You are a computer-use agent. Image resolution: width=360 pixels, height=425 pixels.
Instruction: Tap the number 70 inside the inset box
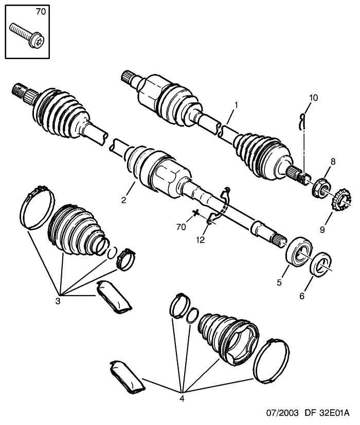pyautogui.click(x=41, y=12)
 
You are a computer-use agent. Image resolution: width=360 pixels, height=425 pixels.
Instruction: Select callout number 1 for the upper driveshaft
pyautogui.click(x=236, y=105)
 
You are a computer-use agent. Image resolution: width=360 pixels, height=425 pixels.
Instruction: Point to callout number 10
pyautogui.click(x=313, y=98)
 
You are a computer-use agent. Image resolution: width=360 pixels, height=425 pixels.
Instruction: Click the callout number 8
pyautogui.click(x=333, y=162)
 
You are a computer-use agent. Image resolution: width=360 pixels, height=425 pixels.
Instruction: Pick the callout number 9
pyautogui.click(x=322, y=230)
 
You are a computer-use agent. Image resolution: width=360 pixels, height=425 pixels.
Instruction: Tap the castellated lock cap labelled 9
pyautogui.click(x=341, y=200)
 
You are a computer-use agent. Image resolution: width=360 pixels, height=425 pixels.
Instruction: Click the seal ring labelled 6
pyautogui.click(x=321, y=264)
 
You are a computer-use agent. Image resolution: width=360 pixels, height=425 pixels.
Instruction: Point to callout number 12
pyautogui.click(x=201, y=240)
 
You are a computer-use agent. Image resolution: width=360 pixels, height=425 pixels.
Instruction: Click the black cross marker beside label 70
pyautogui.click(x=195, y=213)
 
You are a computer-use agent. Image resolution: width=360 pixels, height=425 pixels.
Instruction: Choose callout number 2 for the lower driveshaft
pyautogui.click(x=123, y=200)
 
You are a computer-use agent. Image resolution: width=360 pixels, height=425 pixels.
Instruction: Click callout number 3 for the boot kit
pyautogui.click(x=58, y=301)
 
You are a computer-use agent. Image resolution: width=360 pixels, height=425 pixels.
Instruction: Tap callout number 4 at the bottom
pyautogui.click(x=182, y=398)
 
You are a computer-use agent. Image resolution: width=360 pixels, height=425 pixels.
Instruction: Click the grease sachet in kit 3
pyautogui.click(x=114, y=297)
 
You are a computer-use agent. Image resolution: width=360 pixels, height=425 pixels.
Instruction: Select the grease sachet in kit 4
pyautogui.click(x=127, y=377)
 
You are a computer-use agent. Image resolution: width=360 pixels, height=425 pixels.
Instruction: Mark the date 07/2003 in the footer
pyautogui.click(x=282, y=413)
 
